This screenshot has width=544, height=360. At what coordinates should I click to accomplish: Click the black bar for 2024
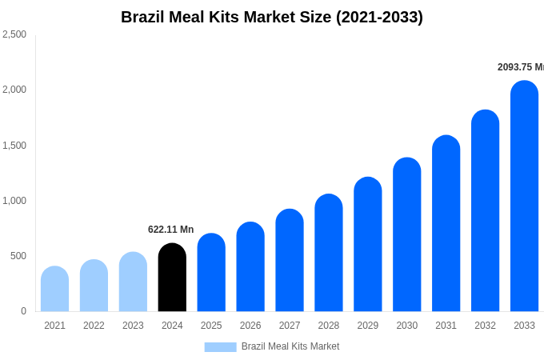point(172,278)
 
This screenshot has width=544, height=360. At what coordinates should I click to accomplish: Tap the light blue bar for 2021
point(54,289)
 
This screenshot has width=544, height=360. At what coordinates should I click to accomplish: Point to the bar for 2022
point(94,286)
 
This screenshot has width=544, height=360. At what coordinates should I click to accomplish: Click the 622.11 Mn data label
point(170,230)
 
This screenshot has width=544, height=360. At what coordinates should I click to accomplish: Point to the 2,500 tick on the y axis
point(14,34)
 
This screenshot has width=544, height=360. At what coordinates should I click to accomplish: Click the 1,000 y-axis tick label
point(14,201)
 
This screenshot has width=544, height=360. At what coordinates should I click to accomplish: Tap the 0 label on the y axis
point(23,311)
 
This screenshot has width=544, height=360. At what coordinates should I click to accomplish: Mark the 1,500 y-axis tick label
point(14,146)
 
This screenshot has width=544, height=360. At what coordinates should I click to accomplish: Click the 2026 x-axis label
point(250,326)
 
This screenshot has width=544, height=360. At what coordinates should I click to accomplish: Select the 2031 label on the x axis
point(446,326)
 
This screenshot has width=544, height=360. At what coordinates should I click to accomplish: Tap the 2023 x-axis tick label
point(133,326)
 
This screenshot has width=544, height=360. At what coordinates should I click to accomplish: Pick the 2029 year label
point(368,326)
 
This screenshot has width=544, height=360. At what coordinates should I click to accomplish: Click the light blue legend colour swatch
point(220,347)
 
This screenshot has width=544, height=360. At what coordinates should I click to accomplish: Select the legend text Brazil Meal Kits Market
point(290,346)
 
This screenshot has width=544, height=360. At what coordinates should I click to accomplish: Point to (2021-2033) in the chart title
point(379,17)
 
